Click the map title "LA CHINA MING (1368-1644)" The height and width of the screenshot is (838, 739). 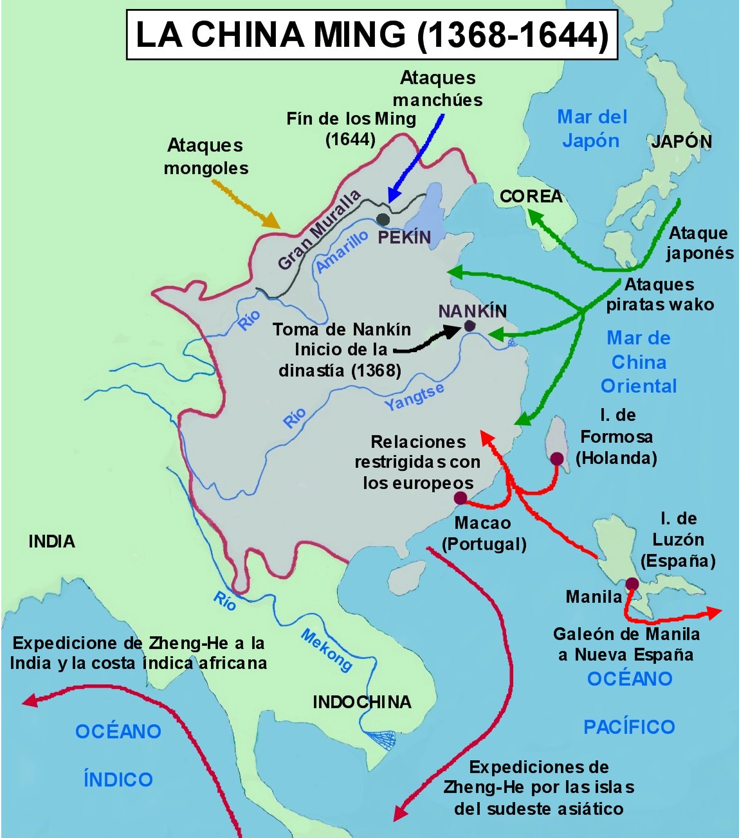(372, 35)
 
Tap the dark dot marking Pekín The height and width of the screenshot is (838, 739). (383, 219)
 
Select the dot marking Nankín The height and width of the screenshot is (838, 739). (470, 326)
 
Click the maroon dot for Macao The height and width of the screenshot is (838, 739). (461, 498)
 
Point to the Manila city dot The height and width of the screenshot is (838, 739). (632, 584)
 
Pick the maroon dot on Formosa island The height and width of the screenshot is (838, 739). (557, 458)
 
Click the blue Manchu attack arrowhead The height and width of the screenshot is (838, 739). (390, 197)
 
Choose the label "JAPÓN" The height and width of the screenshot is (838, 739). (681, 141)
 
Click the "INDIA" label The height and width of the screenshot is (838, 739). (51, 542)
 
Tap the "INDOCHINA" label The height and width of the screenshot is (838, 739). (362, 702)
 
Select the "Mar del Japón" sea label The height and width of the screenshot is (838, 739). (591, 129)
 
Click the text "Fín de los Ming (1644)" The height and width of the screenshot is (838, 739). (351, 129)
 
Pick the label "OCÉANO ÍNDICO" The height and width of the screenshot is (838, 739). (118, 755)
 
